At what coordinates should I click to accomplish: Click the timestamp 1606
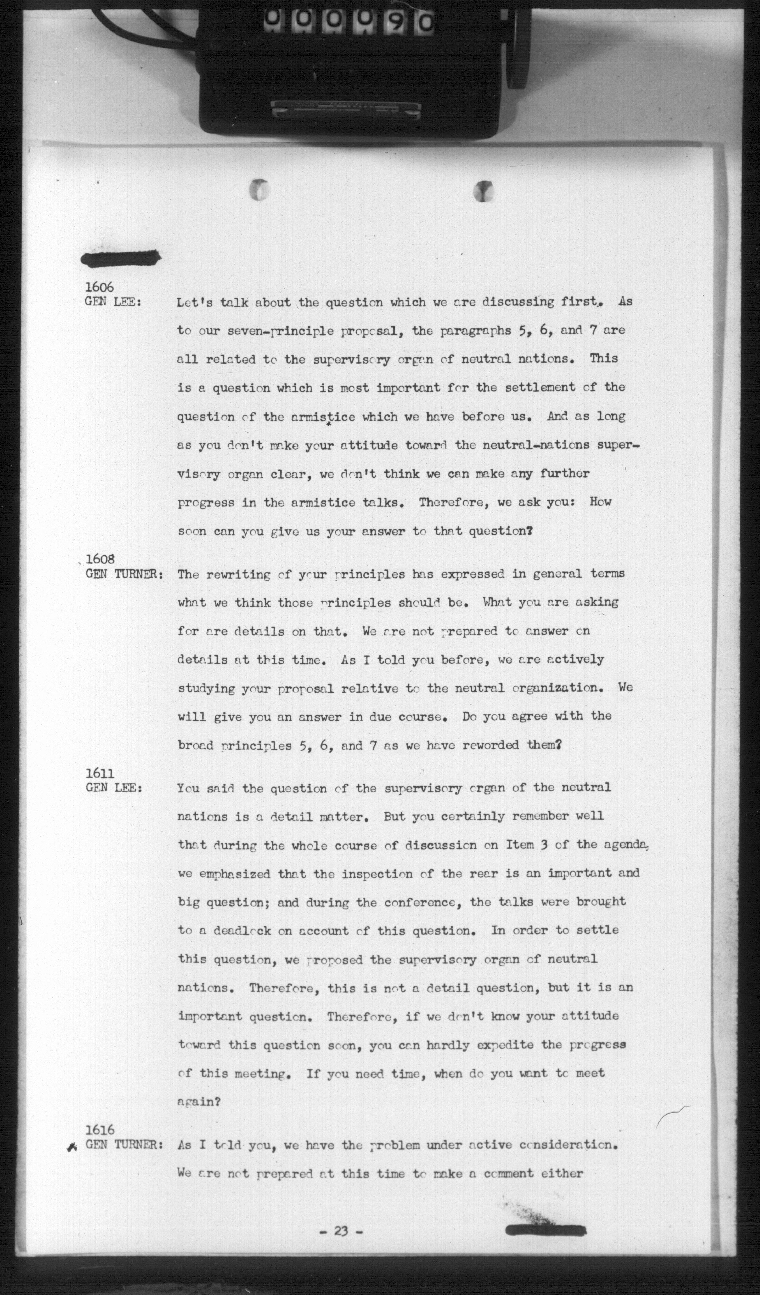99,287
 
